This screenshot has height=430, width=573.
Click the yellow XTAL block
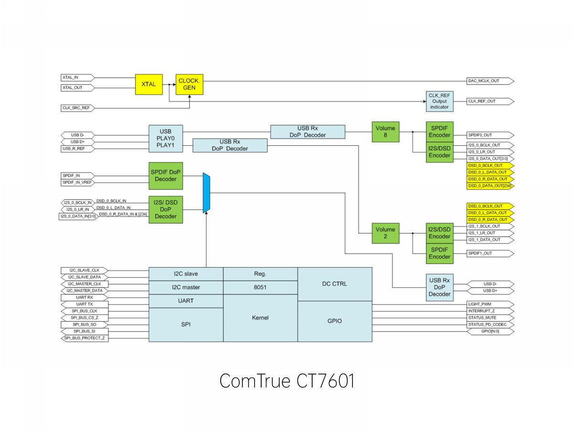pos(149,84)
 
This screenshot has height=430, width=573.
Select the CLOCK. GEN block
pos(190,84)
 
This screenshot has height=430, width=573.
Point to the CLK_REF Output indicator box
pos(439,101)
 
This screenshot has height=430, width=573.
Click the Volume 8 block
pos(385,131)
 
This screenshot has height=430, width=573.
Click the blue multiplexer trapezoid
pos(206,193)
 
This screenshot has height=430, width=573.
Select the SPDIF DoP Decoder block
pos(166,175)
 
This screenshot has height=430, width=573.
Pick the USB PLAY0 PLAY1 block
pos(166,139)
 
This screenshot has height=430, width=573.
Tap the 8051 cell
pos(261,287)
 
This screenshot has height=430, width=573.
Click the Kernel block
pos(261,318)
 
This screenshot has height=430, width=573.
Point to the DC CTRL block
pos(335,284)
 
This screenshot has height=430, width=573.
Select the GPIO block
pos(335,321)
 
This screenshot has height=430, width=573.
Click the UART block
pos(186,301)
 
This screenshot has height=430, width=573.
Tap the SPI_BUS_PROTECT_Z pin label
pos(84,338)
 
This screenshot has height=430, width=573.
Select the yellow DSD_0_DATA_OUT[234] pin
pos(491,185)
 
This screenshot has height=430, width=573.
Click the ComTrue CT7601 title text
pos(286,382)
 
